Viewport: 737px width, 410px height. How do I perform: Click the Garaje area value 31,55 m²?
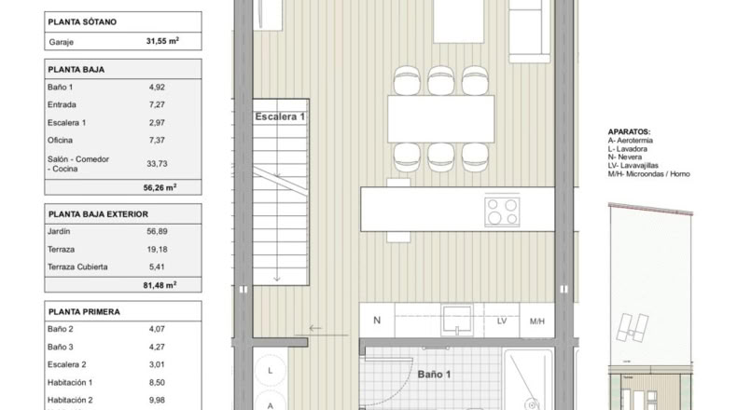point(162,41)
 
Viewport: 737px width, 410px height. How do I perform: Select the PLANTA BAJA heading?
point(76,70)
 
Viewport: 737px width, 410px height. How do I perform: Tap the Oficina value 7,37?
point(157,140)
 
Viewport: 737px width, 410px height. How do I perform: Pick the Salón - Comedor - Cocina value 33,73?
point(157,163)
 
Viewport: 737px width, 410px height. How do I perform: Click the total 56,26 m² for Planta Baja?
point(160,187)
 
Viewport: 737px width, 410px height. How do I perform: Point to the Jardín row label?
point(59,231)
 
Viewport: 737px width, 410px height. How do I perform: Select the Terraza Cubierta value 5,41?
point(157,266)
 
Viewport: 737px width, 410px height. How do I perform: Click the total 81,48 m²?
point(160,285)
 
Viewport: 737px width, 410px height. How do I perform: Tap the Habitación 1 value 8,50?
point(157,382)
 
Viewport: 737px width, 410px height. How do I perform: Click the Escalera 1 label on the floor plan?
point(280,116)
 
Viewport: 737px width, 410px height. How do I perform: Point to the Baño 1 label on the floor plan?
point(435,375)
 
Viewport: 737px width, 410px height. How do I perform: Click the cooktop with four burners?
point(503,212)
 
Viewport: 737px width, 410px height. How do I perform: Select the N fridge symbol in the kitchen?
point(377,321)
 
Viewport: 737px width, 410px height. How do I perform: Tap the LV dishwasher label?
point(502,321)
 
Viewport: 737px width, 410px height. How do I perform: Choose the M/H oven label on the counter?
point(537,321)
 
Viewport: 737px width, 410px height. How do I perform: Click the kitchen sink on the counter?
point(457,321)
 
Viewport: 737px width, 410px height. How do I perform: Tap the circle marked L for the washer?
point(271,371)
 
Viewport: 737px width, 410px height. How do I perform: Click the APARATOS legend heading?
point(629,132)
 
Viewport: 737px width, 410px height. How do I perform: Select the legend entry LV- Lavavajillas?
point(633,165)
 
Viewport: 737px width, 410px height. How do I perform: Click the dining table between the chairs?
point(441,119)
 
